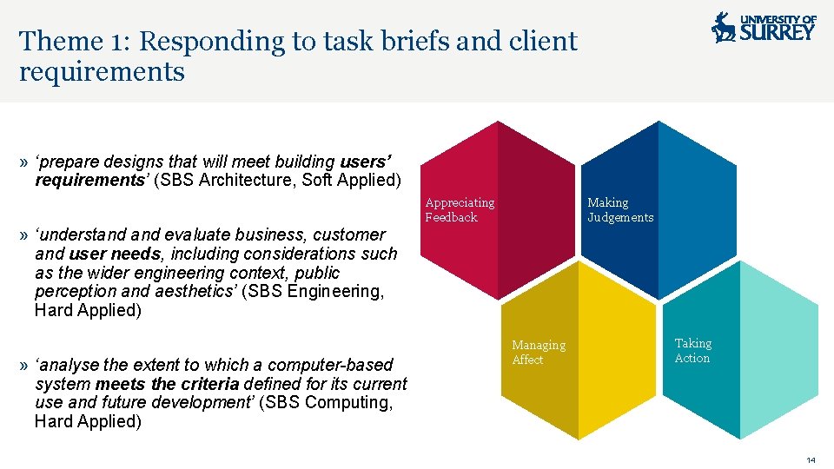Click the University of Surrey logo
click(764, 27)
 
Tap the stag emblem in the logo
click(723, 28)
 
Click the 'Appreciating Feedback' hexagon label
click(460, 210)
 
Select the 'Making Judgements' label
click(620, 210)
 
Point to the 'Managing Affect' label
click(538, 353)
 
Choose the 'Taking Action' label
click(692, 351)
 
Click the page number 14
click(811, 459)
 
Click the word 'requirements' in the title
click(102, 71)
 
